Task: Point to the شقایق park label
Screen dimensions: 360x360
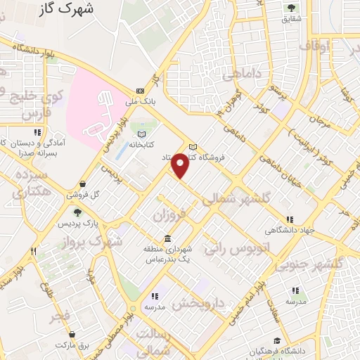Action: pos(291,19)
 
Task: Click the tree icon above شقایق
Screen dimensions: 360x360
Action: pos(291,8)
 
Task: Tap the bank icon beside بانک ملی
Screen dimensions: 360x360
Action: pos(140,91)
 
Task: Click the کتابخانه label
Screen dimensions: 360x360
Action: pos(141,145)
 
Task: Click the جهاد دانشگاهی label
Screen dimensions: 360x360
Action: pos(289,230)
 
